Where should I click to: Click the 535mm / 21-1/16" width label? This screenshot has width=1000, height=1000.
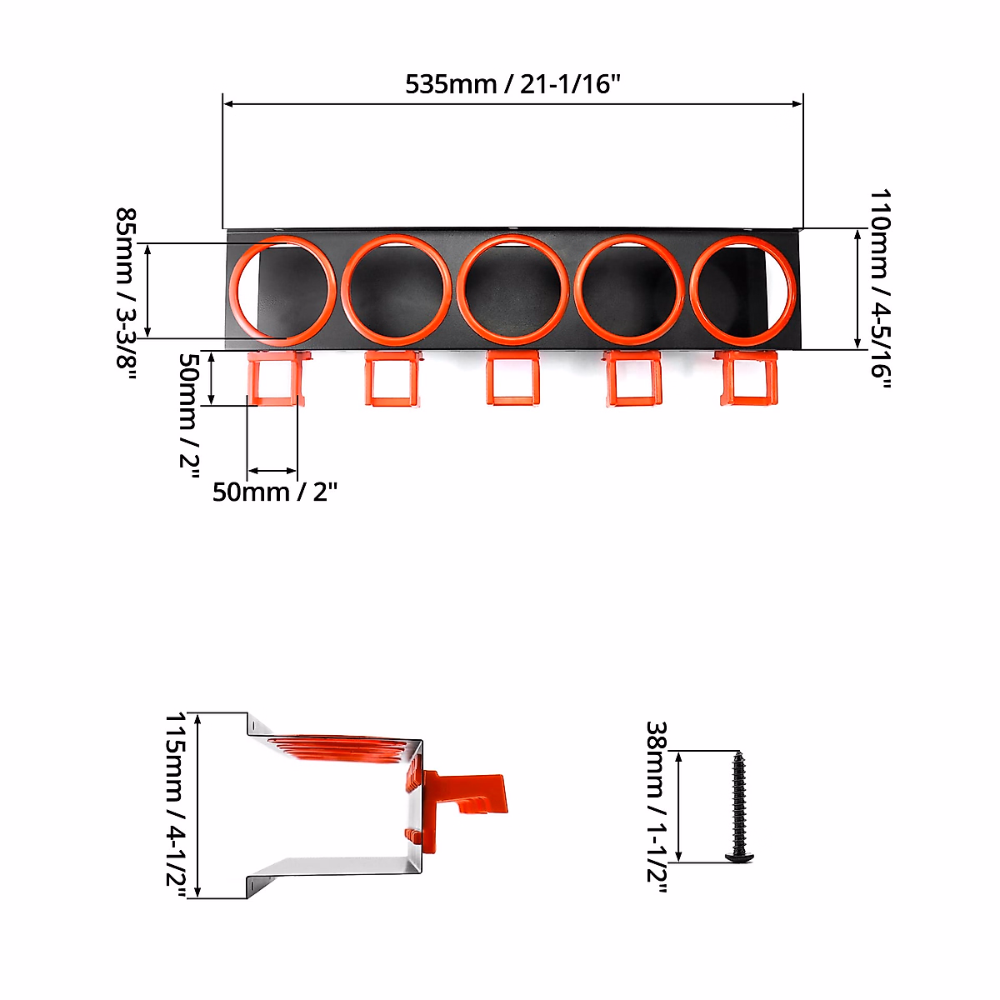[x=512, y=84]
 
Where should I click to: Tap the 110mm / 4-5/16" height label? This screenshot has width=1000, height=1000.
[x=880, y=289]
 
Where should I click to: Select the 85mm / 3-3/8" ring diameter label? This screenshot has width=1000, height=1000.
[x=126, y=295]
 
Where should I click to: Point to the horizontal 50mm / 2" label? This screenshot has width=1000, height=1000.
[x=274, y=492]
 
